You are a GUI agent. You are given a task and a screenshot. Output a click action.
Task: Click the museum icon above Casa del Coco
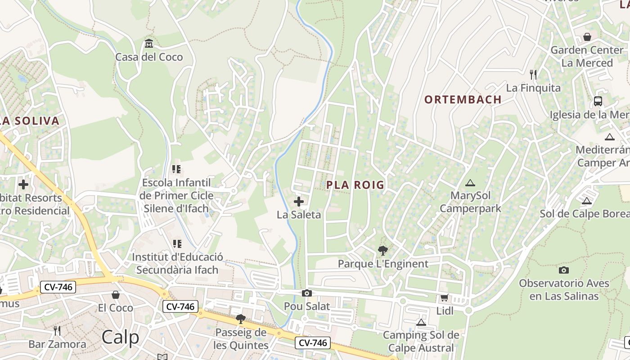(x=149, y=44)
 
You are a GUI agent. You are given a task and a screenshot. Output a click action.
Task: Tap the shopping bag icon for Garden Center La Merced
(x=587, y=36)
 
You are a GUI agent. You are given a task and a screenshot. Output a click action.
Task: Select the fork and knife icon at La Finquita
(x=533, y=74)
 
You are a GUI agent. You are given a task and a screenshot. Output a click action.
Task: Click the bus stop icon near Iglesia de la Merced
(x=598, y=101)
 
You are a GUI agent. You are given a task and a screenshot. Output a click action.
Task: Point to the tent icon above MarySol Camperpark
(x=470, y=183)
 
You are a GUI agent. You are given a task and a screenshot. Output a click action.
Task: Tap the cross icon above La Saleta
(x=298, y=201)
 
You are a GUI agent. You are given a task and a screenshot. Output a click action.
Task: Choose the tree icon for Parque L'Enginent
(x=383, y=250)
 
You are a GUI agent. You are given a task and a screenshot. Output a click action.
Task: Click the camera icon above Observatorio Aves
(x=563, y=270)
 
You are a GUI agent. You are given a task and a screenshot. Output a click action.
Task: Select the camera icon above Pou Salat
(x=307, y=293)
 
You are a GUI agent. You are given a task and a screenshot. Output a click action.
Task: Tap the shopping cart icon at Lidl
(x=444, y=297)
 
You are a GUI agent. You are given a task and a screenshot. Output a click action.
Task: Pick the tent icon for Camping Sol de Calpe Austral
(x=421, y=322)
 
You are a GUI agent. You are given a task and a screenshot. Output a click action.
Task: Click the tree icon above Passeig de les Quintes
(x=241, y=319)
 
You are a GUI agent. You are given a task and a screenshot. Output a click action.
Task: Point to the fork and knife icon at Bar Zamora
(x=57, y=331)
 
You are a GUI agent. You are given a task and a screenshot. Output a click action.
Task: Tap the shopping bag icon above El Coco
(x=116, y=295)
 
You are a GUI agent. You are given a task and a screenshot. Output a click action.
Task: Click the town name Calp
(x=120, y=337)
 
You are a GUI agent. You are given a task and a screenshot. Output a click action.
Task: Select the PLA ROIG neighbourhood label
(x=355, y=185)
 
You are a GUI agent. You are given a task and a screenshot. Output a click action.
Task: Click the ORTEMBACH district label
(x=463, y=100)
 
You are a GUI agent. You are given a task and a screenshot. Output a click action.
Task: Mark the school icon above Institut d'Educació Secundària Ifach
(x=177, y=244)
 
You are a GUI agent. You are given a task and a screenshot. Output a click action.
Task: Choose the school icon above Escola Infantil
(x=176, y=169)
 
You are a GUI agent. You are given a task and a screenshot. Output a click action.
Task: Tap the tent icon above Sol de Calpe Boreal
(x=586, y=201)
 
